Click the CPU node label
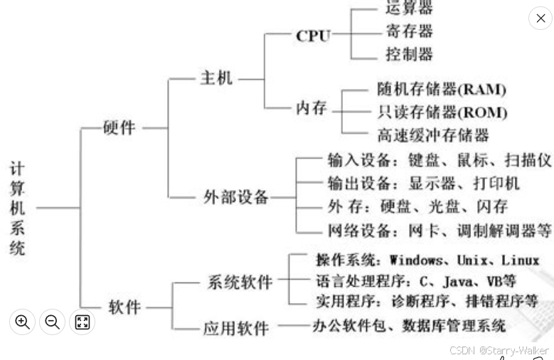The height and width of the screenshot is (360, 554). point(313,36)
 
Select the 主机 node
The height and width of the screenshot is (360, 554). point(215,78)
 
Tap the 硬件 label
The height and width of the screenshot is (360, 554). point(119,129)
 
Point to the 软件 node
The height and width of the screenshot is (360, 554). point(124,307)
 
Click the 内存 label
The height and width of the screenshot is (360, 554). point(311,108)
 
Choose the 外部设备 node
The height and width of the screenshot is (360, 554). point(236,197)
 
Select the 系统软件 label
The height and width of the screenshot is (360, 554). point(240,282)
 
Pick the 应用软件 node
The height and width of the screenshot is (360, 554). point(236,328)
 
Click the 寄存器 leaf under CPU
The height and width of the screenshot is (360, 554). point(409,31)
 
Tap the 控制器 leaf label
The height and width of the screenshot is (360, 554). point(409,54)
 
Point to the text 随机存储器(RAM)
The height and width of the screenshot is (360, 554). point(442,90)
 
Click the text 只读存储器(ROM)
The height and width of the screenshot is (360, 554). point(442,112)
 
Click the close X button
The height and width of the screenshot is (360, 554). point(540,18)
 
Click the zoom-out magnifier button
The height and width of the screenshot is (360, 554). point(52,322)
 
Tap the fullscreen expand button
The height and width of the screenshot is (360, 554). point(82,322)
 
